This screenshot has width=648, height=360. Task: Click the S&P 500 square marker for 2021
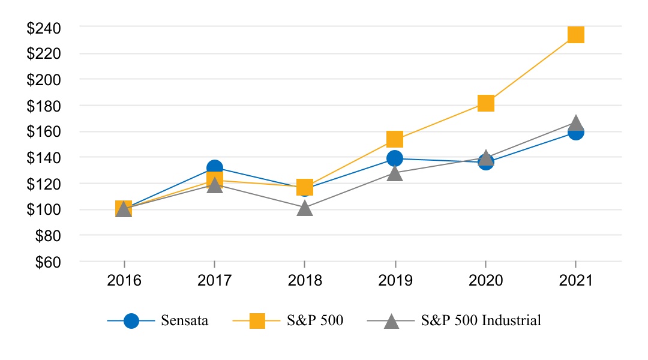pyautogui.click(x=575, y=35)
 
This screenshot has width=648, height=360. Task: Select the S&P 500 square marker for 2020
pyautogui.click(x=485, y=103)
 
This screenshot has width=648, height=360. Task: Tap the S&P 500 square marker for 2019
pyautogui.click(x=394, y=139)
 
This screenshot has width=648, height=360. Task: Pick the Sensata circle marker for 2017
pyautogui.click(x=214, y=168)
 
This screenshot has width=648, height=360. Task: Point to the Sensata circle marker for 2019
pyautogui.click(x=394, y=158)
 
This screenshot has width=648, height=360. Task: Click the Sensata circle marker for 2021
pyautogui.click(x=575, y=131)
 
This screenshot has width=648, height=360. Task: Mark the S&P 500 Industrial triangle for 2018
pyautogui.click(x=305, y=208)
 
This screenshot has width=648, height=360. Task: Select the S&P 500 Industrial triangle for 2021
pyautogui.click(x=575, y=122)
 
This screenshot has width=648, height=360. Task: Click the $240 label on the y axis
pyautogui.click(x=44, y=27)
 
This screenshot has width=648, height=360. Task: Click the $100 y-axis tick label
pyautogui.click(x=44, y=210)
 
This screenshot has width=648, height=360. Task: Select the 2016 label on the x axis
pyautogui.click(x=124, y=281)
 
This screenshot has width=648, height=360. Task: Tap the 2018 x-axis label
pyautogui.click(x=305, y=281)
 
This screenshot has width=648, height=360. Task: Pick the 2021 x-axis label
pyautogui.click(x=575, y=281)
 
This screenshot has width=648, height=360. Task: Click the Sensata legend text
pyautogui.click(x=184, y=320)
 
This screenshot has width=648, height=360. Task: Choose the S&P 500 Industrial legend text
pyautogui.click(x=481, y=320)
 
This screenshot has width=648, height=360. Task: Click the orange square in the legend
pyautogui.click(x=257, y=320)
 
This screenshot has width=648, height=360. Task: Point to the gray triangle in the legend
pyautogui.click(x=391, y=320)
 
